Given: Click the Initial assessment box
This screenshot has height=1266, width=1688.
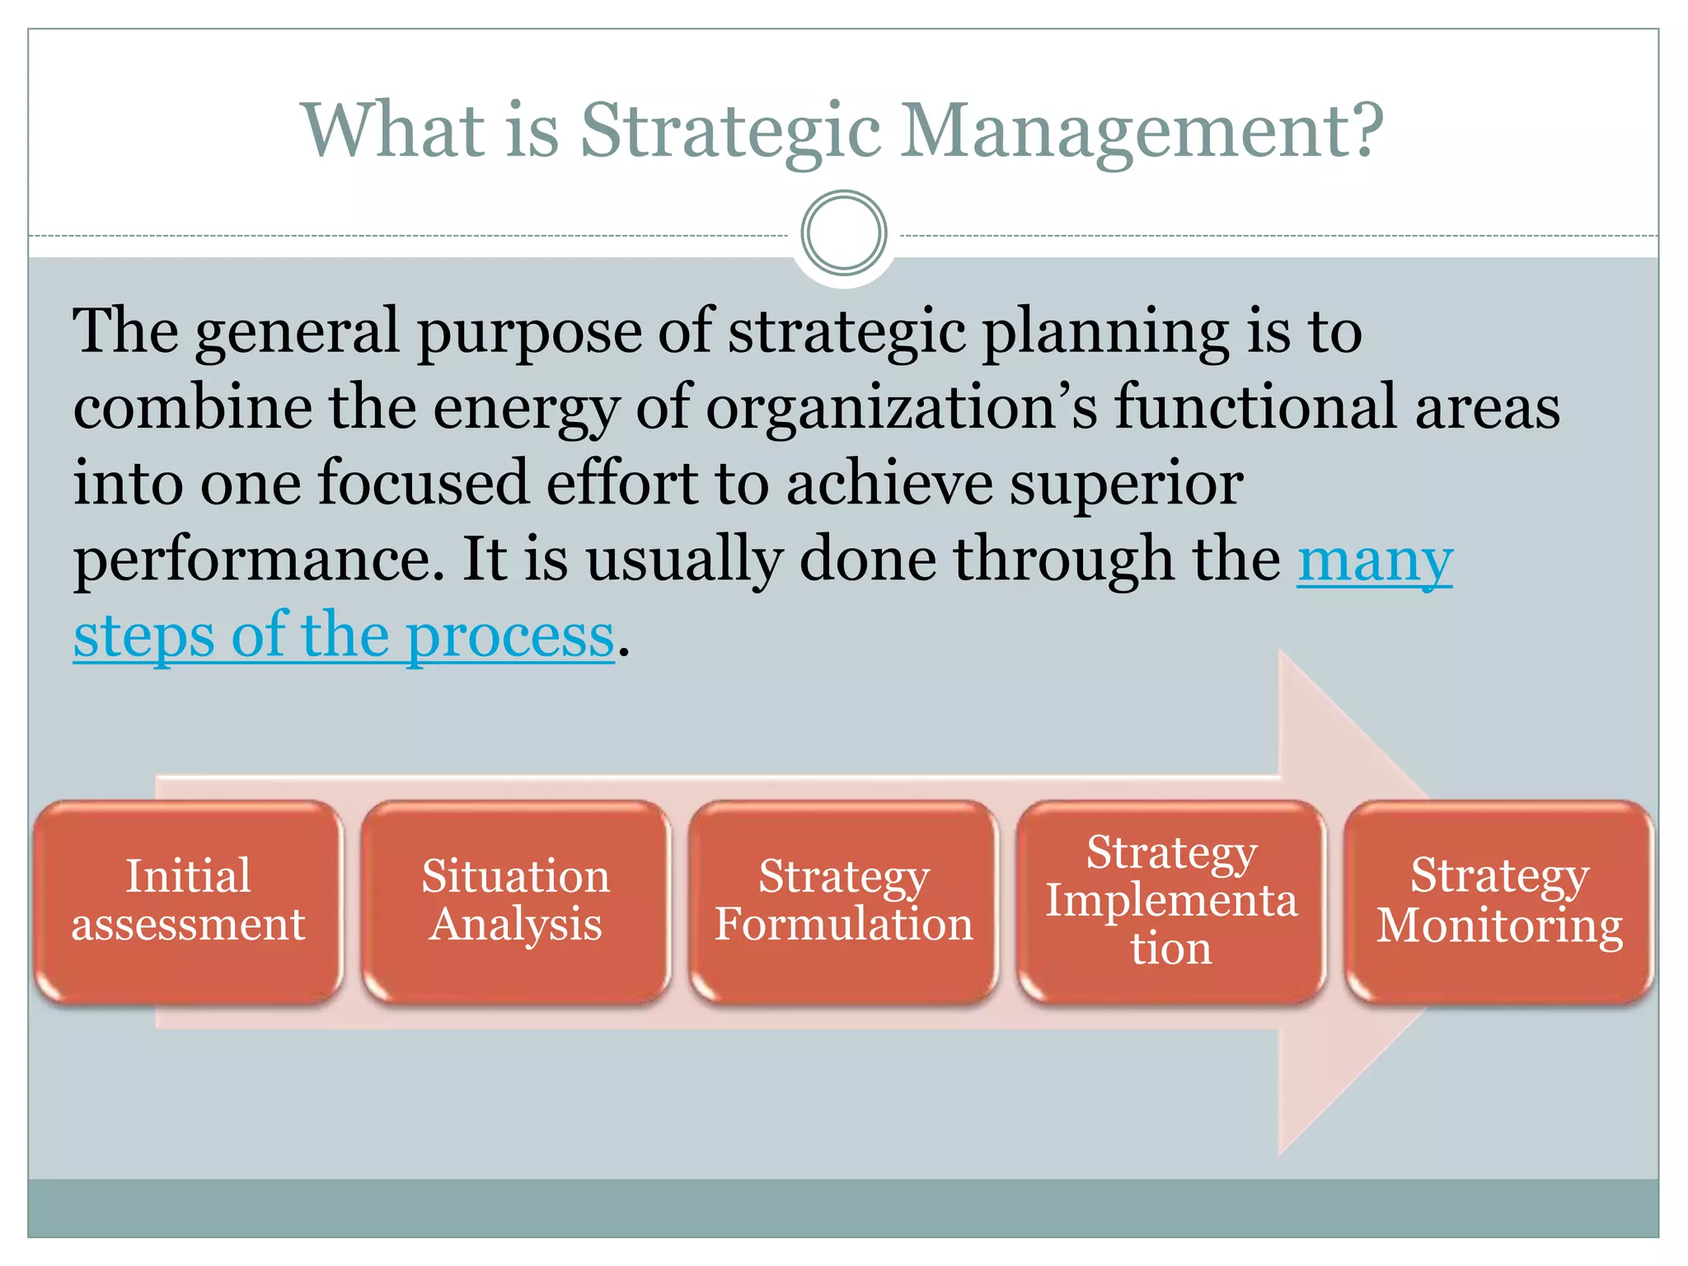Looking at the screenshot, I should point(188,901).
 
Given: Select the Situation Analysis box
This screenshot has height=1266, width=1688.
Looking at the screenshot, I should point(516,901).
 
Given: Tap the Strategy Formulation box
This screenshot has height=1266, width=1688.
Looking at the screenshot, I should point(844,901).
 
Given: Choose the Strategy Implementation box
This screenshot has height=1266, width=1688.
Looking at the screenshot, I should point(1171,901).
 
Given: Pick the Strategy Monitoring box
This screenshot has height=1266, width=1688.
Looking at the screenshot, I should point(1499,901).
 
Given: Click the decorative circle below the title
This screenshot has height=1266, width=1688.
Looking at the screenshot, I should point(844,233).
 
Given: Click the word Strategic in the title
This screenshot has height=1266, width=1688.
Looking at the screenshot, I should point(730,132).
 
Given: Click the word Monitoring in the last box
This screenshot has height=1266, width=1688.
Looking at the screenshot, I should point(1499,926).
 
